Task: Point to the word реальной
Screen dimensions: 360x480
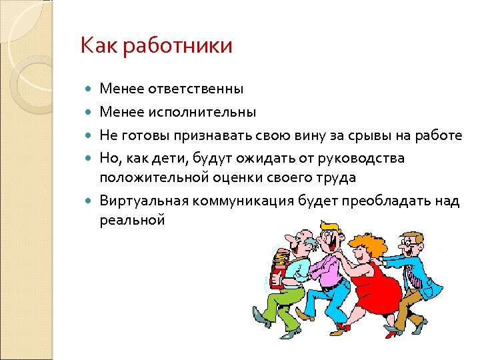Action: click(x=132, y=219)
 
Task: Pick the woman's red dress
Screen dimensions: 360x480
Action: click(x=377, y=287)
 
